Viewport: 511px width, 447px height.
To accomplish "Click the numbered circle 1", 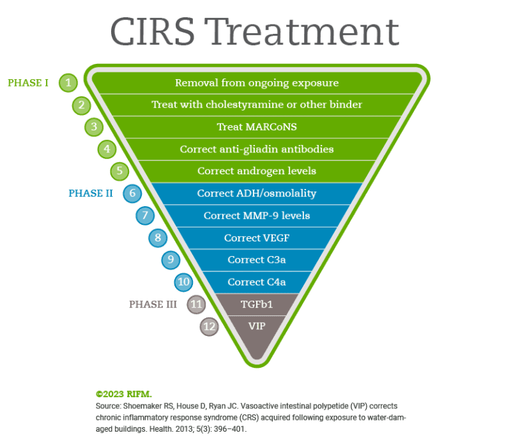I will (x=68, y=83).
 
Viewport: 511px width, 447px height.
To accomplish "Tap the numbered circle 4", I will (x=107, y=149).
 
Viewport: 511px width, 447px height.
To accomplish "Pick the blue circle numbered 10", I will (x=184, y=282).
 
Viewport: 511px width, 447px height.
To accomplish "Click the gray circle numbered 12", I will (x=209, y=327).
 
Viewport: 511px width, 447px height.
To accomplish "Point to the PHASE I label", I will (x=28, y=83).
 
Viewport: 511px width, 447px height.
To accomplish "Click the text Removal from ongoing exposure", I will (x=257, y=83).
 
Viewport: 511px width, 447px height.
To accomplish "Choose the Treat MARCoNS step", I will (x=257, y=127).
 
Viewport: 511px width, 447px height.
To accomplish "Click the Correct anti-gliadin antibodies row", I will (x=257, y=149).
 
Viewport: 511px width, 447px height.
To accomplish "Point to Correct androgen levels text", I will (x=257, y=171).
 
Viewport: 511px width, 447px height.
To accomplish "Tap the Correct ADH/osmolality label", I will (x=257, y=194).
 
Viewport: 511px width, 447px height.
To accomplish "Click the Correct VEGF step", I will (x=257, y=237).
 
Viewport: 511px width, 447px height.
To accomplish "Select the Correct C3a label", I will (x=257, y=259).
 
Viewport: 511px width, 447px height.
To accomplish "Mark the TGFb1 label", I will (x=257, y=304).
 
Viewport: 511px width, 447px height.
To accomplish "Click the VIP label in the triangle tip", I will (x=257, y=326).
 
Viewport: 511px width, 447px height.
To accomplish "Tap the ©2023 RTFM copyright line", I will (x=124, y=394).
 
